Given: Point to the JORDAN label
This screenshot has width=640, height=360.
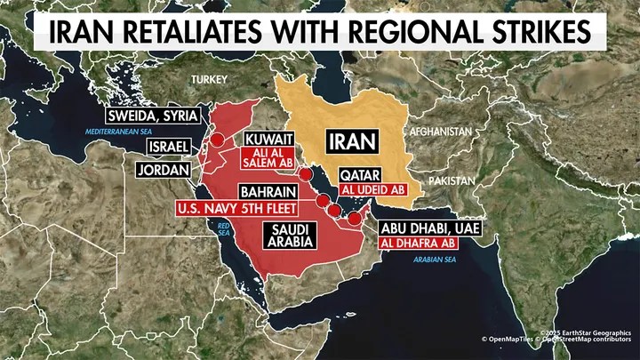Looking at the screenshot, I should tap(164, 169).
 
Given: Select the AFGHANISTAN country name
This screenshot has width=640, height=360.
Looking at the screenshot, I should tap(440, 131).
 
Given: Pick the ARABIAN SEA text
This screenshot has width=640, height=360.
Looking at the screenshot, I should tap(436, 260).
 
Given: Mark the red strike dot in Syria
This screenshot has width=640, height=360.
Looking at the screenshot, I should tap(216, 139).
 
